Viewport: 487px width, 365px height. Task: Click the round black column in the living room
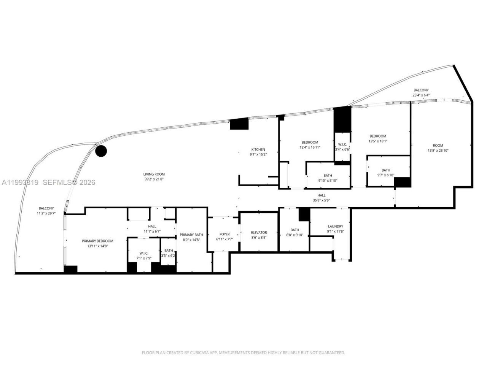pos(101,151)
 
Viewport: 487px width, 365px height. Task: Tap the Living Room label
pos(154,174)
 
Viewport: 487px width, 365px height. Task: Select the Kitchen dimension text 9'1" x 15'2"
pos(258,154)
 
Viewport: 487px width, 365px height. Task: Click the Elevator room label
pos(259,232)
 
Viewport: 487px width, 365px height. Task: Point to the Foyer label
pos(224,234)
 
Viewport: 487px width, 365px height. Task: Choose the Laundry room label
pos(335,226)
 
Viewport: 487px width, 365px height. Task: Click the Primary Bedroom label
pos(97,241)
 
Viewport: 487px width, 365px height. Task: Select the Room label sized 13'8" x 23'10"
pos(438,145)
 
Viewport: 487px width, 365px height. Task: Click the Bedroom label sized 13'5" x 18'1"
pos(378,136)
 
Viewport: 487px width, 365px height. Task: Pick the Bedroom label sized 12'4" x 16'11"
pos(310,142)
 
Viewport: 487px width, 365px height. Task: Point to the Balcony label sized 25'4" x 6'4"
pos(421,90)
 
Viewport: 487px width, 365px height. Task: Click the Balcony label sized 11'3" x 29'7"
pos(46,208)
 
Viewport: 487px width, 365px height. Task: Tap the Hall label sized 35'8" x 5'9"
pos(321,195)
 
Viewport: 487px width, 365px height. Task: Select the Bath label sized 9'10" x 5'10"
pos(328,176)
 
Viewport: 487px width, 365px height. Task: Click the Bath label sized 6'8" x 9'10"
pos(294,230)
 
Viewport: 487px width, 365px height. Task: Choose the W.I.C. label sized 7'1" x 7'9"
pos(144,253)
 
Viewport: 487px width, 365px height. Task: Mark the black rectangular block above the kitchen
pos(239,124)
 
